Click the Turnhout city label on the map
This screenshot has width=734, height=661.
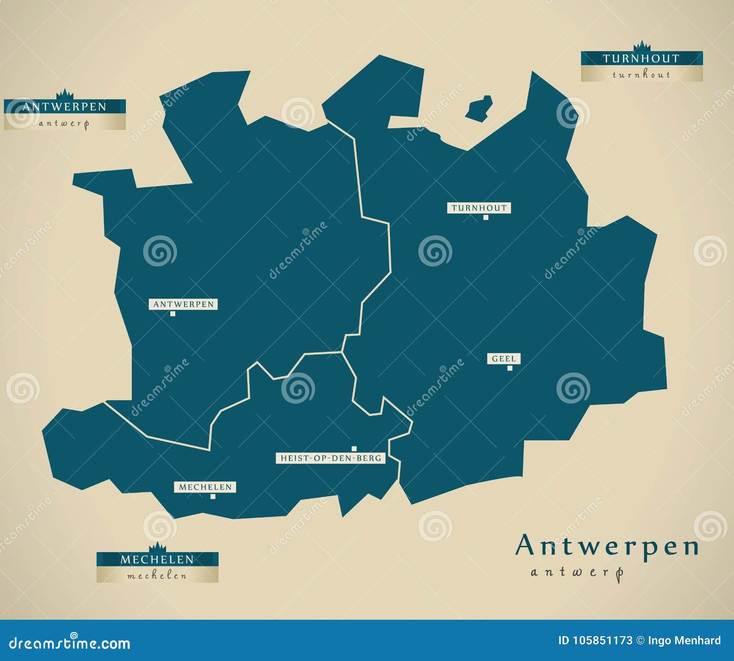click(479, 208)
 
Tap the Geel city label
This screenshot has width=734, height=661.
click(504, 359)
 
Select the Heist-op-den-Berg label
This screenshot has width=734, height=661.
click(331, 458)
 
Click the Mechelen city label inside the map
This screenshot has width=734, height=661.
click(205, 487)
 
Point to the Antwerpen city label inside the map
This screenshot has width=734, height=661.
click(183, 304)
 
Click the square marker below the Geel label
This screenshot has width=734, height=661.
click(510, 368)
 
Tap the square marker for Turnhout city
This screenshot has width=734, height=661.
click(486, 217)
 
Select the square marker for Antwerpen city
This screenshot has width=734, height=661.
click(172, 314)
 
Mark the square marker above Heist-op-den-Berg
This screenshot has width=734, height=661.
click(354, 449)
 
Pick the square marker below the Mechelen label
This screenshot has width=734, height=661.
click(213, 496)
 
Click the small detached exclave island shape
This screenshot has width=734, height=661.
click(479, 109)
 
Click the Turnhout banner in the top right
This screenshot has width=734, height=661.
click(641, 66)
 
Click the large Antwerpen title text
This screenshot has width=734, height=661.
click(606, 546)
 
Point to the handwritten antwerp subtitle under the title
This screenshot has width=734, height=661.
click(577, 572)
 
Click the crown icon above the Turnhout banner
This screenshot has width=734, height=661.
click(642, 46)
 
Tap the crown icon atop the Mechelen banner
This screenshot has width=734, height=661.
click(157, 547)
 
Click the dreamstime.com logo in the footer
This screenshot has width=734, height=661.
click(70, 643)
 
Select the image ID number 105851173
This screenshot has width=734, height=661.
click(602, 640)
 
